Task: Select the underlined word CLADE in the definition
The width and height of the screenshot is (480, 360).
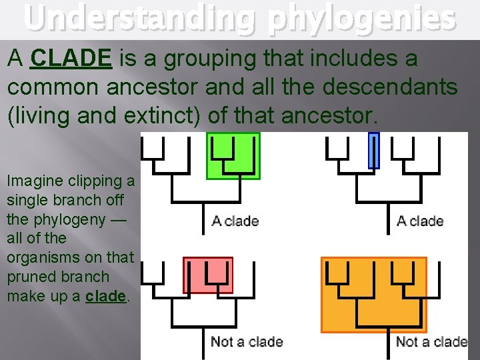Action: click(x=71, y=59)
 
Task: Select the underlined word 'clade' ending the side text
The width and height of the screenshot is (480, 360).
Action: click(x=105, y=296)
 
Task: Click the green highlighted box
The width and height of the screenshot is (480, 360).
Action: click(x=233, y=155)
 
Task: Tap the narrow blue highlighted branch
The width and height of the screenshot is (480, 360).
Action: click(x=373, y=150)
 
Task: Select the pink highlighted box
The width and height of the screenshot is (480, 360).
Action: click(x=208, y=275)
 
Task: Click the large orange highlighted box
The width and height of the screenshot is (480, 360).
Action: click(x=374, y=294)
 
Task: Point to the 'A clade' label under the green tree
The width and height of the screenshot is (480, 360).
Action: click(x=235, y=221)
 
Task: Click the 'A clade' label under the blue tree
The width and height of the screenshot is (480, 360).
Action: click(x=420, y=221)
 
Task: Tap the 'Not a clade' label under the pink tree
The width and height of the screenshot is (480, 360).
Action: click(x=247, y=342)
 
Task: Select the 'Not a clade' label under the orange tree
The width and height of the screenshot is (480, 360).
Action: click(x=431, y=342)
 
